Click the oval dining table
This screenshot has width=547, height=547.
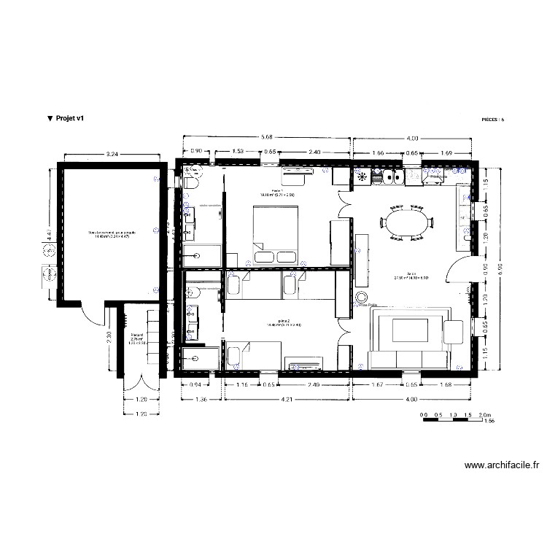point(408,223)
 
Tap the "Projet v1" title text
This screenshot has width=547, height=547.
point(65,117)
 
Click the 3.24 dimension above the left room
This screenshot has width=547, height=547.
point(112,155)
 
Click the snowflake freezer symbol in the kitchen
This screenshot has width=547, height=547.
point(362,176)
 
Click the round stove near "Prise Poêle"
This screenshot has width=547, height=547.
point(361,297)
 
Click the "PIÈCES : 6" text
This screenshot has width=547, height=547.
point(492,118)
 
